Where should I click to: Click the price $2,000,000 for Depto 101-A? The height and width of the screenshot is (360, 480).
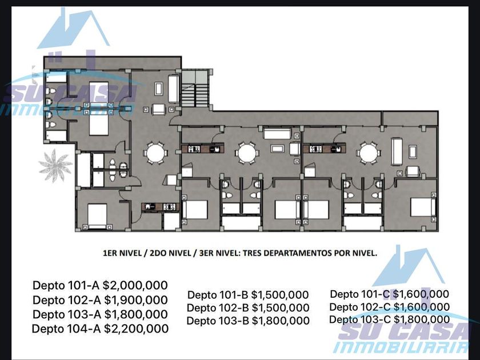(135, 285)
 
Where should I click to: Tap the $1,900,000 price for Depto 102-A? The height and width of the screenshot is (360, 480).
(136, 300)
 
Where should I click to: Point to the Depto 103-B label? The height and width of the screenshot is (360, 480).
(217, 321)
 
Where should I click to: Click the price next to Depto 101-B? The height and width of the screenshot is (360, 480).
(280, 295)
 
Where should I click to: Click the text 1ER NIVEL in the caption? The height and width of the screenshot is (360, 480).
(122, 253)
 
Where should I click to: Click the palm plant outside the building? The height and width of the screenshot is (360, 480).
(55, 165)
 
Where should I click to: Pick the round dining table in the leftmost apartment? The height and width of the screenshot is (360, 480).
(155, 153)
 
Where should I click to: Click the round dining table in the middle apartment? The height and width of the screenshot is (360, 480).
(247, 153)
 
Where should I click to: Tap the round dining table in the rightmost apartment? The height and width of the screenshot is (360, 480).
(368, 153)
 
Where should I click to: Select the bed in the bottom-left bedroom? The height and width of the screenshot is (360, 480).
(97, 216)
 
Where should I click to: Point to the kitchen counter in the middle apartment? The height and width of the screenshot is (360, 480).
(203, 149)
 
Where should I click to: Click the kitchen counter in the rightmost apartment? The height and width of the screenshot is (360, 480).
(325, 149)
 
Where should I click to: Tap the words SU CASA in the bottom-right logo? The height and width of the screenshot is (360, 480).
(403, 331)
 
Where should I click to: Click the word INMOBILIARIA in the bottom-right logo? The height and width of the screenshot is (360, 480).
(401, 347)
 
